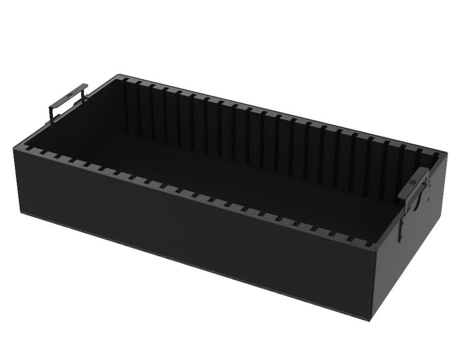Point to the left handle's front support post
coord(51,116)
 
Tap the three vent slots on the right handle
coord(412,183)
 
